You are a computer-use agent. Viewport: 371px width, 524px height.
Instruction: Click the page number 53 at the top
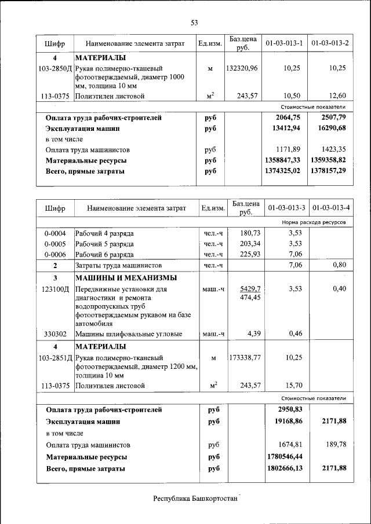(194, 23)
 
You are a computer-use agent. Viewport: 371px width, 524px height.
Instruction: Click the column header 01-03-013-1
(285, 44)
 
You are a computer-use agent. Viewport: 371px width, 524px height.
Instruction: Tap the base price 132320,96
(242, 68)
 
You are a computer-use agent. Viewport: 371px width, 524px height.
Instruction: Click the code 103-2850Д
(55, 68)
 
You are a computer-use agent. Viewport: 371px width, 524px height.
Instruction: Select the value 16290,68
(330, 129)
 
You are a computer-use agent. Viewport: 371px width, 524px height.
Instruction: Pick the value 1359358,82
(330, 160)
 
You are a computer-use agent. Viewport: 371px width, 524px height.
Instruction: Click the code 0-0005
(55, 244)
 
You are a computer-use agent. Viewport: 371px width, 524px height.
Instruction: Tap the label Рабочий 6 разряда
(104, 254)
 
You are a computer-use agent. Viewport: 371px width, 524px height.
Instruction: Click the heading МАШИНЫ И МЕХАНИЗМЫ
(126, 278)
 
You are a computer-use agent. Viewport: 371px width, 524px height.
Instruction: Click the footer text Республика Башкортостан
(195, 499)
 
